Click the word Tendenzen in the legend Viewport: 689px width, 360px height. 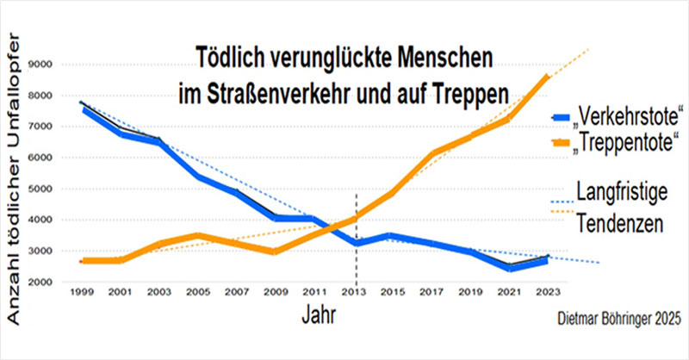click(x=621, y=222)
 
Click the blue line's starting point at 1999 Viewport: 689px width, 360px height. click(x=83, y=109)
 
